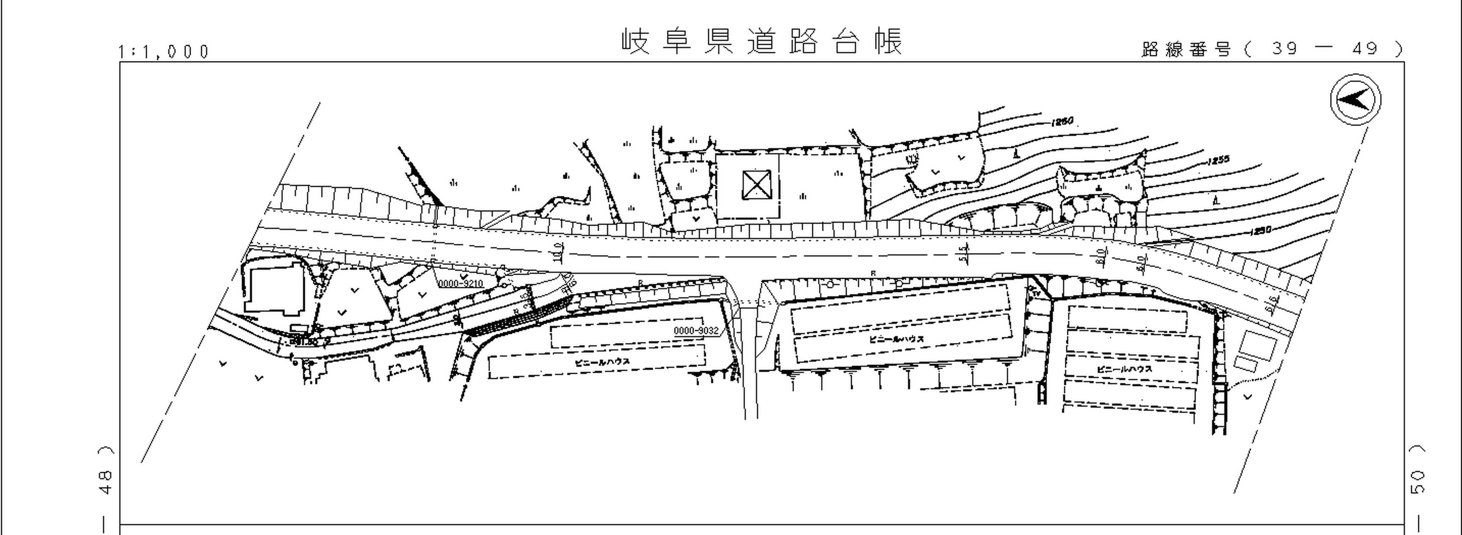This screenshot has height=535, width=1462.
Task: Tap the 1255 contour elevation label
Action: pos(1218,160)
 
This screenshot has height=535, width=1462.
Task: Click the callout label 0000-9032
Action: pos(696,330)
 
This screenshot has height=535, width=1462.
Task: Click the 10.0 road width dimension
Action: pos(558,252)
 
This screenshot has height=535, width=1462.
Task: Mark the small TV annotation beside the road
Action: pos(1036,293)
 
